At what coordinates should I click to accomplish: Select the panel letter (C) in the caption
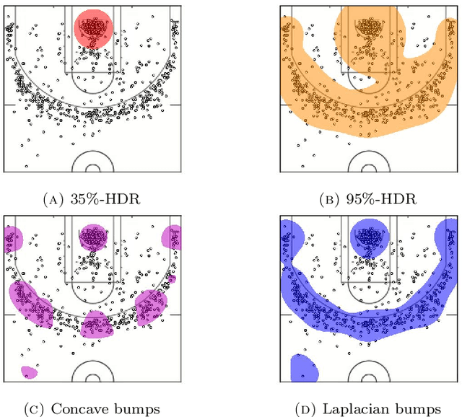pos(37,408)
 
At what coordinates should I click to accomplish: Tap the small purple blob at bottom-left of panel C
pos(29,372)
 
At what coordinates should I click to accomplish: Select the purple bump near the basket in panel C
pos(93,237)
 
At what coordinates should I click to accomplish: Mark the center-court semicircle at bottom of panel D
pos(370,374)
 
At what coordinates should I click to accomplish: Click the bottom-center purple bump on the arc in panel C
pos(97,325)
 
